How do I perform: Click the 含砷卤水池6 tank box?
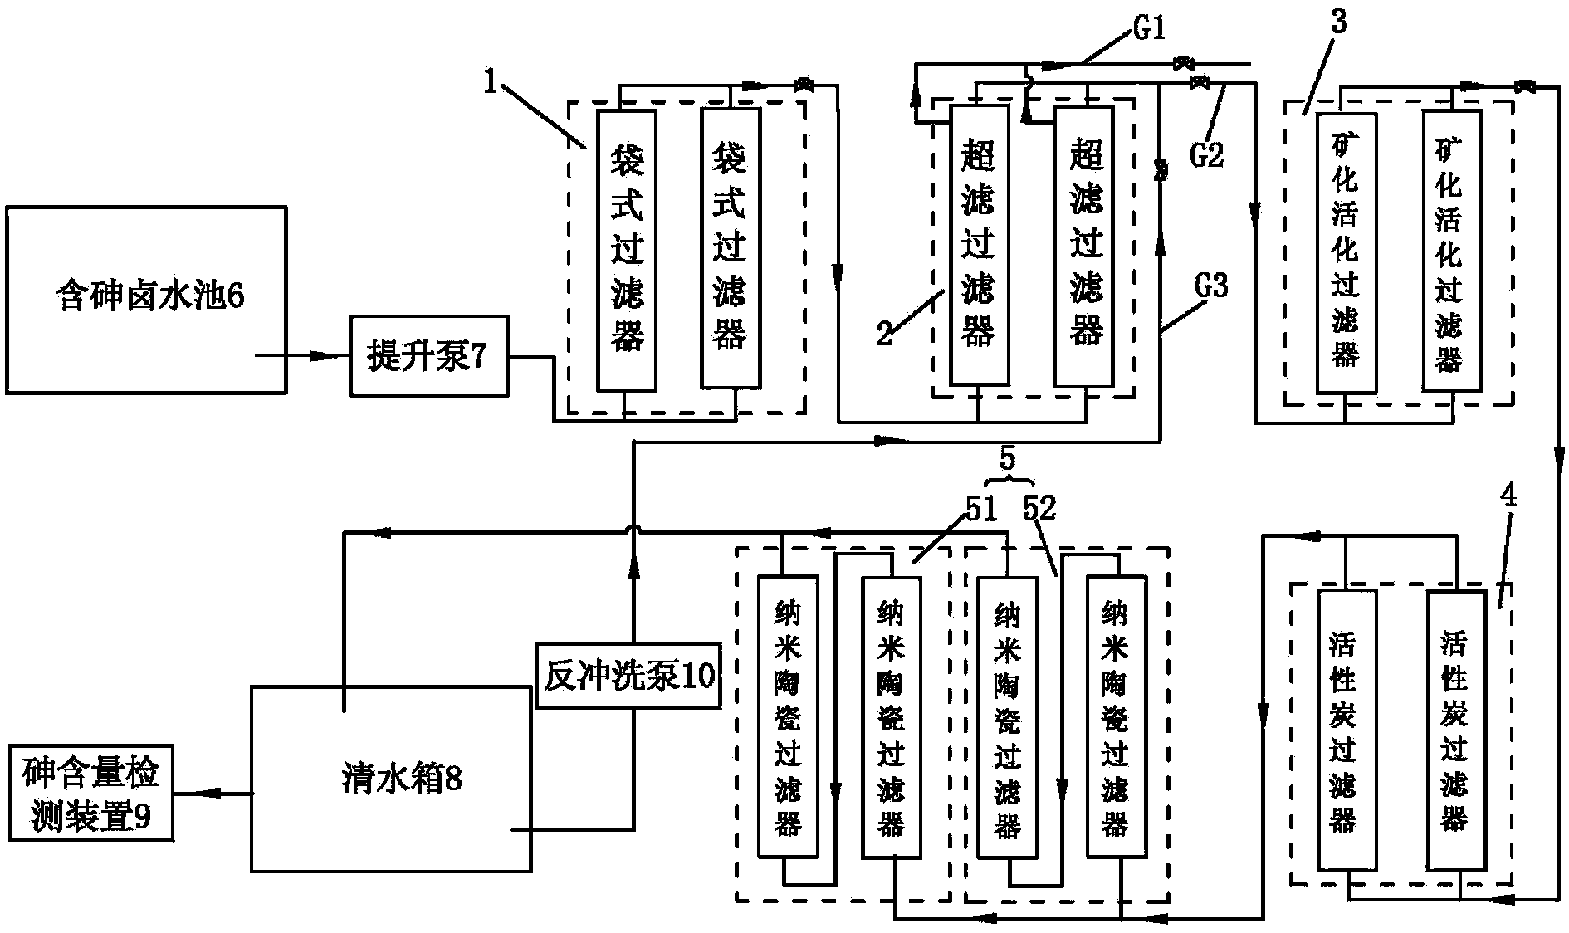(x=147, y=299)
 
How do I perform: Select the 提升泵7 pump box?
(x=428, y=356)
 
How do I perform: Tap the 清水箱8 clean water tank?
(x=391, y=779)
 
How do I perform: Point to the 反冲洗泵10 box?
(x=628, y=675)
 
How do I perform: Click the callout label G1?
(x=1148, y=31)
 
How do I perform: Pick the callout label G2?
(x=1206, y=154)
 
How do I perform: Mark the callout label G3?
(x=1210, y=286)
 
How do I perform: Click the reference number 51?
(x=979, y=509)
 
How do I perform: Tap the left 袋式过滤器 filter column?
(x=627, y=249)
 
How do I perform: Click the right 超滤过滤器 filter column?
(x=1085, y=247)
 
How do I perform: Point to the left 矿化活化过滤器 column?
(x=1345, y=252)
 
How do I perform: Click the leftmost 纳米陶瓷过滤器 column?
(x=786, y=716)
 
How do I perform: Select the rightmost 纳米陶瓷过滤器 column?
(x=1114, y=716)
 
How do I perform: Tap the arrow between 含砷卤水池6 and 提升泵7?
(x=320, y=356)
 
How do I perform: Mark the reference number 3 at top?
(x=1337, y=22)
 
